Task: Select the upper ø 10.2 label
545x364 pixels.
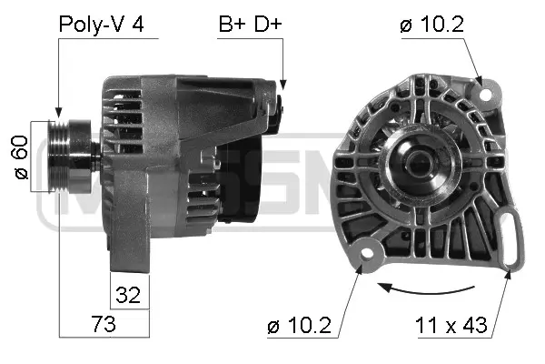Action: [x=432, y=25]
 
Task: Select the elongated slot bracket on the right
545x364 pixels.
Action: [x=515, y=238]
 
